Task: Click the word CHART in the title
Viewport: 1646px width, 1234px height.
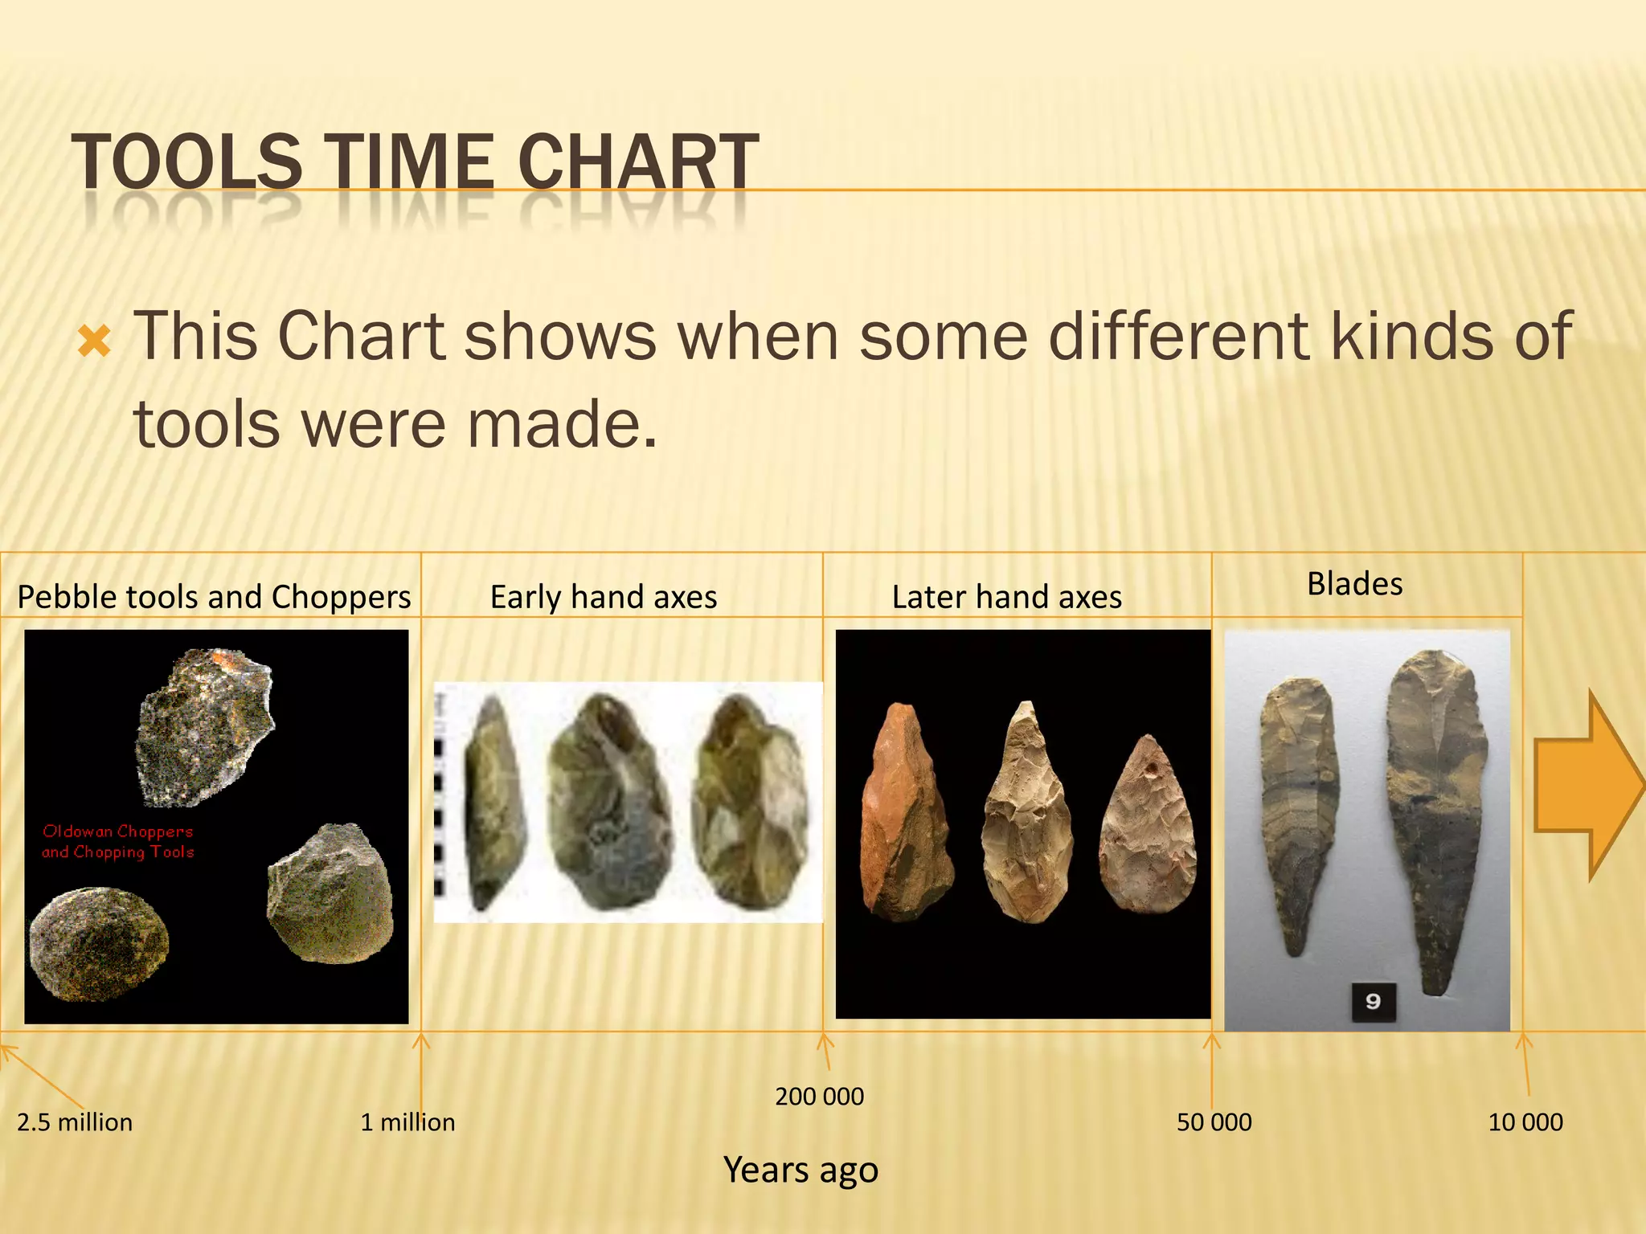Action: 638,161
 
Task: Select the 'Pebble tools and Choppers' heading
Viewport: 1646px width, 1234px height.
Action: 214,597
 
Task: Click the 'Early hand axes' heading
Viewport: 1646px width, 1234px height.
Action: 604,597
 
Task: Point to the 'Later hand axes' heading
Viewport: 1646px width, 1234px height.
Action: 1007,597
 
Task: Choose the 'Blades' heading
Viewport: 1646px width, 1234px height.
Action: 1354,584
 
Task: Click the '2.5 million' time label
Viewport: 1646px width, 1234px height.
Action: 75,1122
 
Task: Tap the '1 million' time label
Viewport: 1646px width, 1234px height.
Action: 407,1122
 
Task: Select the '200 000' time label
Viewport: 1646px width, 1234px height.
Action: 819,1096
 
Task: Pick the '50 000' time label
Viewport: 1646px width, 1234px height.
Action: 1214,1122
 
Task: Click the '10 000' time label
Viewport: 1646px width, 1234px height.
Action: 1525,1122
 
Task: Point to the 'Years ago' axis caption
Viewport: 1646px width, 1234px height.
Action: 800,1170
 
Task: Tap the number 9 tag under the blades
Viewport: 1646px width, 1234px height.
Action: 1373,1001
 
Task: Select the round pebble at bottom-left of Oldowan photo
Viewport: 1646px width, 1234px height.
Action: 99,944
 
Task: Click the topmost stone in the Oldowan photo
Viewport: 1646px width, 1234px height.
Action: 205,725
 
